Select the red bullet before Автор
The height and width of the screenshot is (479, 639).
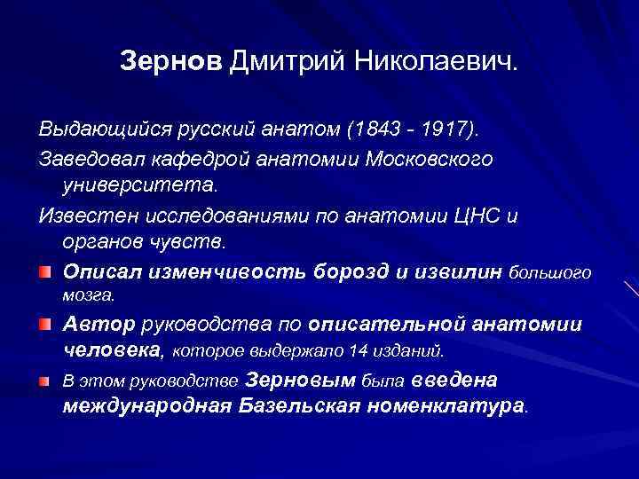pyautogui.click(x=44, y=326)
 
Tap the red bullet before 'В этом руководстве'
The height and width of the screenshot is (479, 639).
pyautogui.click(x=44, y=381)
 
